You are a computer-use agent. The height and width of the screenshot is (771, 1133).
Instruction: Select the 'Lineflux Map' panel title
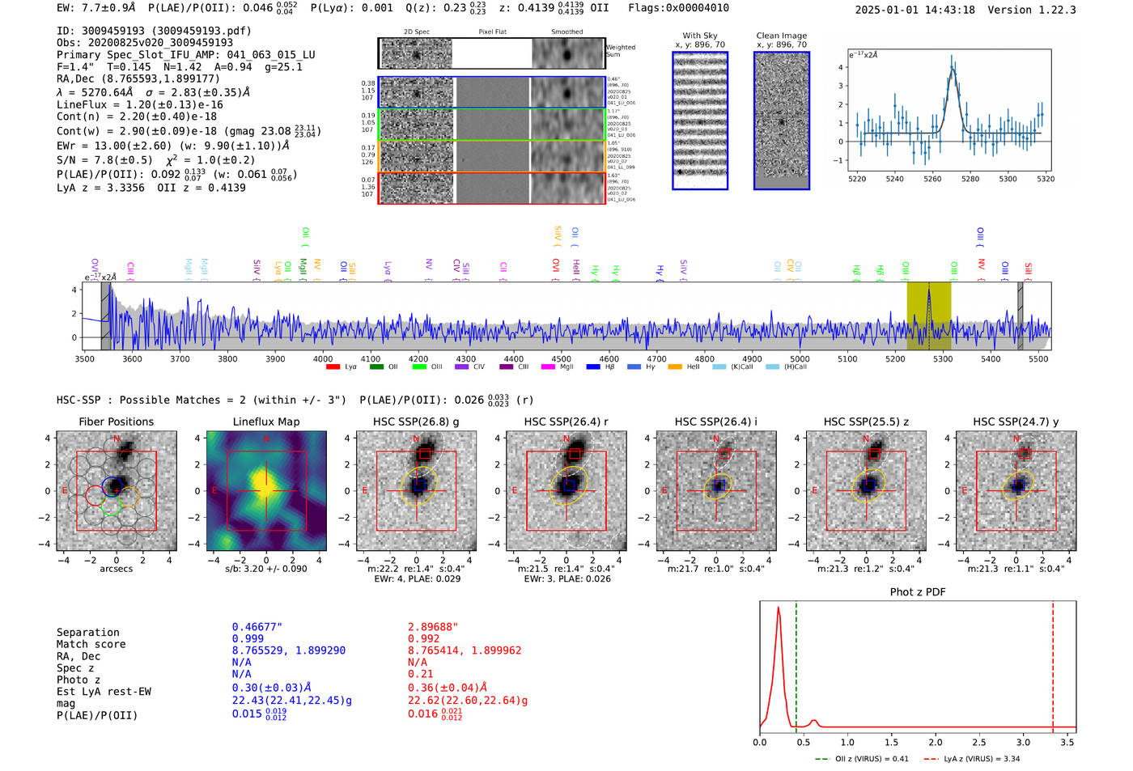point(265,422)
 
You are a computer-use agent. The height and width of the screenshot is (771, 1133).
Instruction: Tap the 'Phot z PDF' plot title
point(917,592)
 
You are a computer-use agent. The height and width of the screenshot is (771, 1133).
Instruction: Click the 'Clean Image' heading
point(781,36)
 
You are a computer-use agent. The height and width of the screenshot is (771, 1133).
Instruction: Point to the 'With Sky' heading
point(699,36)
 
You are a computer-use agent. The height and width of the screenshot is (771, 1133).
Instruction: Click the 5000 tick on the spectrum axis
point(800,359)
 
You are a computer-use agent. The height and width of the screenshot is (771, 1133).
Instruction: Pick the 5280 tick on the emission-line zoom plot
point(970,179)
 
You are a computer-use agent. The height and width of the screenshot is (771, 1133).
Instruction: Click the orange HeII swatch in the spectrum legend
point(674,367)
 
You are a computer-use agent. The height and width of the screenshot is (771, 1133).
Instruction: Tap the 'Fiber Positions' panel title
point(116,422)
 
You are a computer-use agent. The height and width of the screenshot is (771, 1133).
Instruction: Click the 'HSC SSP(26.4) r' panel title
point(566,422)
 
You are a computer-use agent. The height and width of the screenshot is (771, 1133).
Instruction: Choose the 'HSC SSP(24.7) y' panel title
point(1015,422)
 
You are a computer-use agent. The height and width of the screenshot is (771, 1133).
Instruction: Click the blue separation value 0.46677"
point(257,627)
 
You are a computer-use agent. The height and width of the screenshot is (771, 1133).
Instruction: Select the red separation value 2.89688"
point(433,627)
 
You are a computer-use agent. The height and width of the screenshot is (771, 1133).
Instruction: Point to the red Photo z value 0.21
point(420,674)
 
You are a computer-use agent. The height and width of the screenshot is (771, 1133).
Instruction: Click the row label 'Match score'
point(91,645)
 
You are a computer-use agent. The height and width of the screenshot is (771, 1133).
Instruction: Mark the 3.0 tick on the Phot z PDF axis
point(1023,742)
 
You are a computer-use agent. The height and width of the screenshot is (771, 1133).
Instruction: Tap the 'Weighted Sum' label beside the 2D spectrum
point(620,51)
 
